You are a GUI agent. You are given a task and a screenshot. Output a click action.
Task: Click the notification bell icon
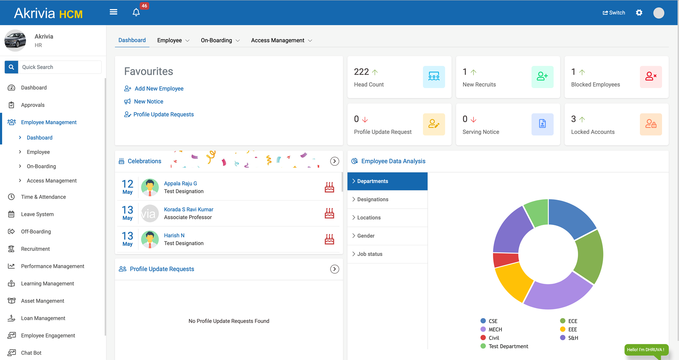pyautogui.click(x=136, y=12)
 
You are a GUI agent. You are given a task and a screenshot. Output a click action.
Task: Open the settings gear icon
pyautogui.click(x=639, y=13)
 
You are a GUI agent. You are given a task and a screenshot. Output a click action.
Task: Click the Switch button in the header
pyautogui.click(x=614, y=13)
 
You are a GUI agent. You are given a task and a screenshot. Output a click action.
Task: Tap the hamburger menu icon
pyautogui.click(x=113, y=12)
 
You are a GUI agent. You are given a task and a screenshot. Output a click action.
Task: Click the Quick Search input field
pyautogui.click(x=60, y=67)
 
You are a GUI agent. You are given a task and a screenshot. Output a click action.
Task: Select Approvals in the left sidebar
pyautogui.click(x=33, y=105)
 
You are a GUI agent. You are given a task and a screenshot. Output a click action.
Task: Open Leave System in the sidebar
pyautogui.click(x=37, y=214)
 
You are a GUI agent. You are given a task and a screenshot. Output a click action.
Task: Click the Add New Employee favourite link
pyautogui.click(x=159, y=88)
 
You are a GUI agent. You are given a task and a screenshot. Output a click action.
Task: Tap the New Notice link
pyautogui.click(x=148, y=101)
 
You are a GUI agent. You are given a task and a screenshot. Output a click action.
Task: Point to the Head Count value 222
pyautogui.click(x=361, y=72)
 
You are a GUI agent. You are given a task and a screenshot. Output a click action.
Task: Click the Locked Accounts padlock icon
pyautogui.click(x=650, y=124)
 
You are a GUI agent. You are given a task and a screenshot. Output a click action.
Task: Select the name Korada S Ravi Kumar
pyautogui.click(x=189, y=209)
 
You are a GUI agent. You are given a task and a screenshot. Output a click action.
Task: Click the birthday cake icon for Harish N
pyautogui.click(x=329, y=239)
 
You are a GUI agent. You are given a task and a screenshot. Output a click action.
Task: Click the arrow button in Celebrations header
pyautogui.click(x=334, y=161)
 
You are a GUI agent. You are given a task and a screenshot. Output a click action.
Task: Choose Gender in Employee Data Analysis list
pyautogui.click(x=366, y=236)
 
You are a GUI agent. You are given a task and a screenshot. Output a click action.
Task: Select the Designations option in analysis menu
pyautogui.click(x=372, y=199)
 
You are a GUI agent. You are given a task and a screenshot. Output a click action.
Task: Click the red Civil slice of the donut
pyautogui.click(x=505, y=259)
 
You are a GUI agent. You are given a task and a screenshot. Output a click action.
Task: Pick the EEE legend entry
pyautogui.click(x=572, y=329)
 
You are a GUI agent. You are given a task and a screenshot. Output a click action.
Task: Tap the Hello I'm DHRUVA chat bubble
pyautogui.click(x=646, y=350)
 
